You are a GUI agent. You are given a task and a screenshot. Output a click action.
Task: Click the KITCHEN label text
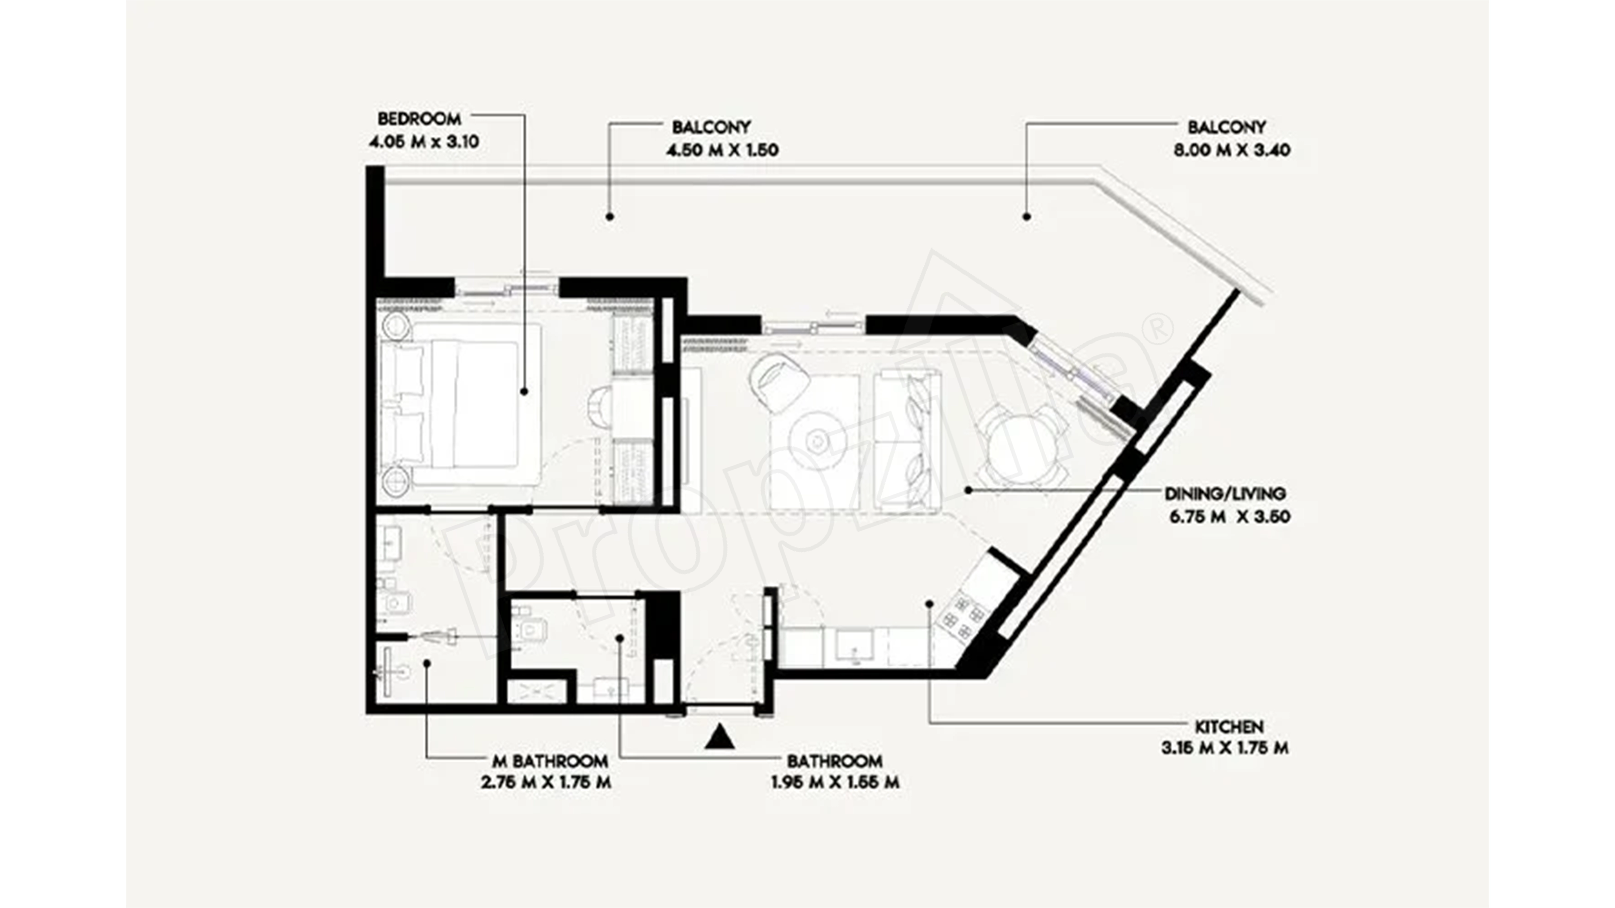tap(1229, 727)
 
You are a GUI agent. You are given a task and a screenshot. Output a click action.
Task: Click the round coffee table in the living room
tap(817, 442)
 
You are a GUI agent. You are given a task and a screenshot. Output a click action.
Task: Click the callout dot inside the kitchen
tap(929, 604)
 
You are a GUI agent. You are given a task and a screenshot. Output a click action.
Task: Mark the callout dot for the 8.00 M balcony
tap(1026, 217)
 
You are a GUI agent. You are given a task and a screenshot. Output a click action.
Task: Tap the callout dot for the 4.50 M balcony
tap(609, 217)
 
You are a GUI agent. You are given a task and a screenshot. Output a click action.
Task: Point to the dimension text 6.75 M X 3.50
tap(1229, 517)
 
